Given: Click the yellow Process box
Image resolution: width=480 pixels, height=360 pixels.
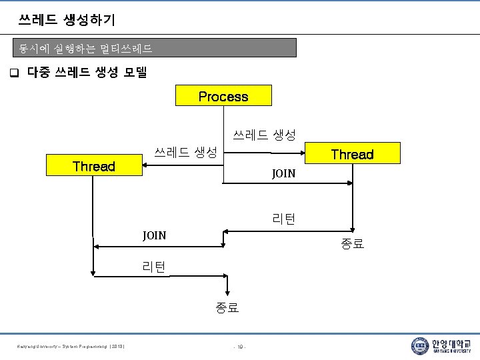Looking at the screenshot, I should (x=223, y=95).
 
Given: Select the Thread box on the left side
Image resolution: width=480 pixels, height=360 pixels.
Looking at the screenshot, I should (x=94, y=166).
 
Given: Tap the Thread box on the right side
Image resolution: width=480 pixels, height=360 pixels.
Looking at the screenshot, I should (x=352, y=154).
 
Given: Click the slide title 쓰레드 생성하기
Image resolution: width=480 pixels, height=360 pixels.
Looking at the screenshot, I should (x=67, y=20).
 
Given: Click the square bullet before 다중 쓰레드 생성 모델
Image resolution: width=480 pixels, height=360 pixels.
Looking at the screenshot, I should (x=13, y=72).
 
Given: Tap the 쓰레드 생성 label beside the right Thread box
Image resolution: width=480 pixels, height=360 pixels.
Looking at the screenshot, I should (x=264, y=135).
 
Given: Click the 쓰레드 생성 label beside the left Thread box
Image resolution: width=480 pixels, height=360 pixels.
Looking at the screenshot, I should (x=186, y=152).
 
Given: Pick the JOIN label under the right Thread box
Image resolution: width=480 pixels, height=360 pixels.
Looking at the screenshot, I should (x=283, y=173).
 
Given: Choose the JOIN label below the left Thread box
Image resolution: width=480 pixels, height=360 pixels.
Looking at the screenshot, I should (x=154, y=235).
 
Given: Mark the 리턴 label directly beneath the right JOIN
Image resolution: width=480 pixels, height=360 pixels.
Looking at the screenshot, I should (x=284, y=219).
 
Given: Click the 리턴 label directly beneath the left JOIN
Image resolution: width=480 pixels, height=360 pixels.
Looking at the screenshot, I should (x=154, y=267).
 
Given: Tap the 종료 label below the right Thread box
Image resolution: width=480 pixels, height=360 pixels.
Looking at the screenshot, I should (x=353, y=244).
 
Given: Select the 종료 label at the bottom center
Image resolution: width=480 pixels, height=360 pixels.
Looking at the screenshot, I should (x=227, y=308).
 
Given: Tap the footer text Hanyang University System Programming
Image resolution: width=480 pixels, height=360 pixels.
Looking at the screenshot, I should (x=73, y=346).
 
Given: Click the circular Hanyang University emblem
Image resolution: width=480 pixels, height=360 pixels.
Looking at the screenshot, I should (x=420, y=345).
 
